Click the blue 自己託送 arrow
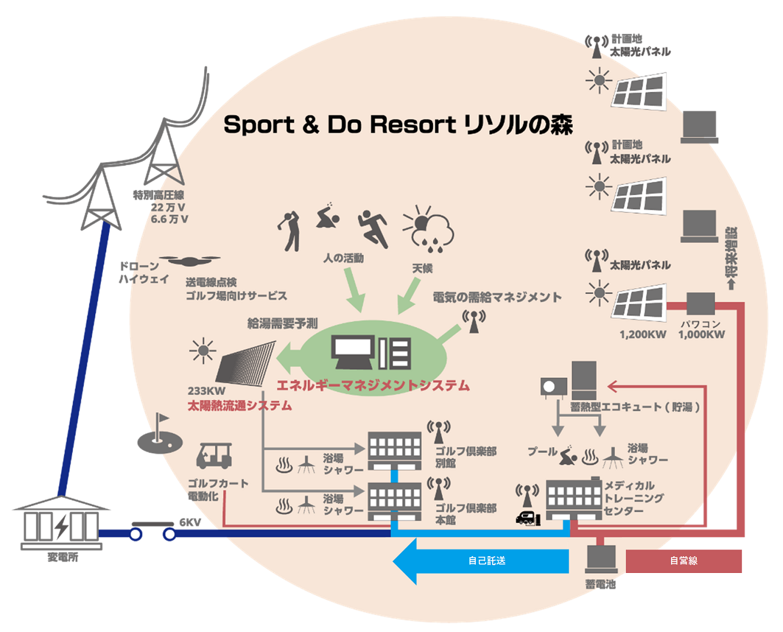coord(482,561)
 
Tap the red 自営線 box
coord(684,561)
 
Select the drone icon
coord(190,261)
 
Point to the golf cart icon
coord(214,455)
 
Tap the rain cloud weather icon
coord(429,230)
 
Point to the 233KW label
coord(206,391)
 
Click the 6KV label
coord(190,522)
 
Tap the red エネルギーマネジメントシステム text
coord(373,386)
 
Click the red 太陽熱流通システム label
coord(239,405)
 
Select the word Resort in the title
coord(413,125)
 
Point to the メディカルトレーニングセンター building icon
coord(573,499)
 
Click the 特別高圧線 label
coord(158,195)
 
